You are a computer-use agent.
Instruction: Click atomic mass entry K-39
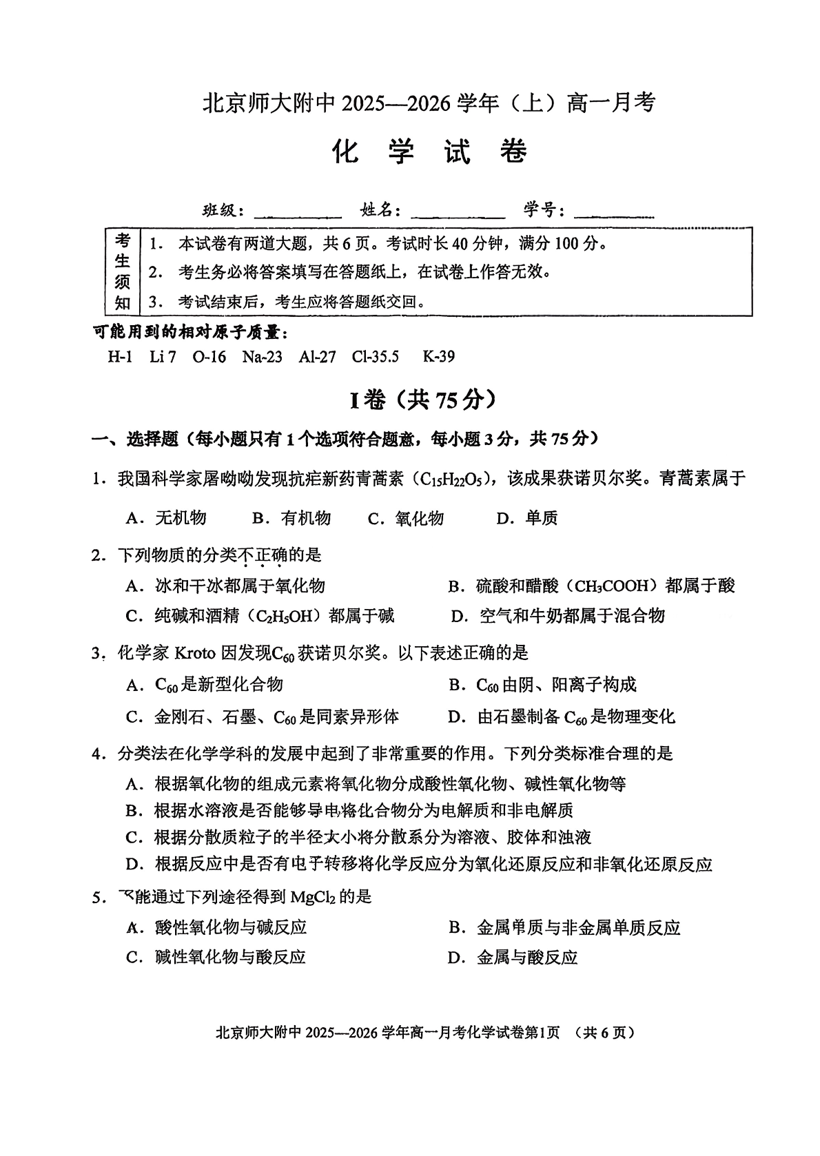[x=438, y=357]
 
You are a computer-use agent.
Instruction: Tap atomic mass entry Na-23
[x=262, y=357]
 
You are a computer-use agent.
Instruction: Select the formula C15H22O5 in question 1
[x=449, y=479]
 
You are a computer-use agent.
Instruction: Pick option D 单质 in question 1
[x=527, y=518]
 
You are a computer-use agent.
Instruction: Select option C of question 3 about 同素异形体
[x=263, y=717]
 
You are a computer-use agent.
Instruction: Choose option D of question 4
[x=419, y=864]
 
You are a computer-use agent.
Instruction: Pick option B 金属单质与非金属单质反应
[x=564, y=927]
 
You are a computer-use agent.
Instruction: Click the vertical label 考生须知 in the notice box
[x=122, y=271]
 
